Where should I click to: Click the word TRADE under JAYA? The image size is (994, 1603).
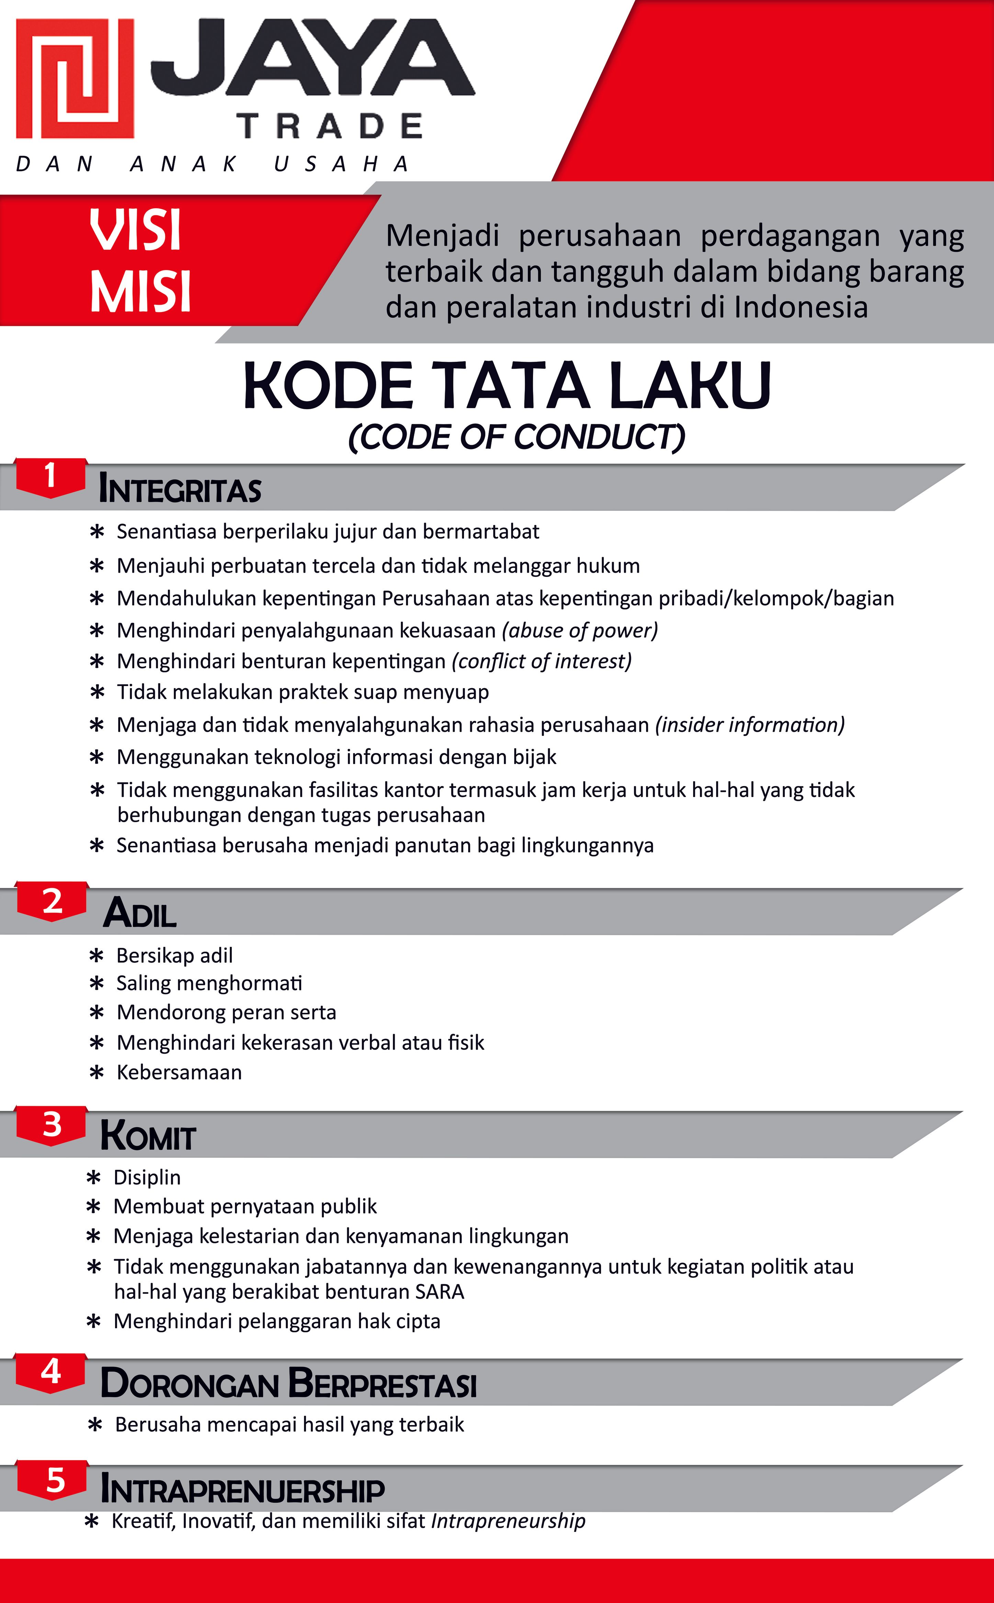pos(330,126)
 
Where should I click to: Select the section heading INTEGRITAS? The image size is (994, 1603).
pos(180,489)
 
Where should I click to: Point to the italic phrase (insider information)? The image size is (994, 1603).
pos(749,725)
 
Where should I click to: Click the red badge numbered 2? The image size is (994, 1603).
pos(52,901)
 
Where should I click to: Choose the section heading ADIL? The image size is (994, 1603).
pos(140,913)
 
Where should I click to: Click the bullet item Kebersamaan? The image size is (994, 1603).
pos(179,1073)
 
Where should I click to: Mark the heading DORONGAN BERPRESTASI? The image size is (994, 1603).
pos(288,1383)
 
